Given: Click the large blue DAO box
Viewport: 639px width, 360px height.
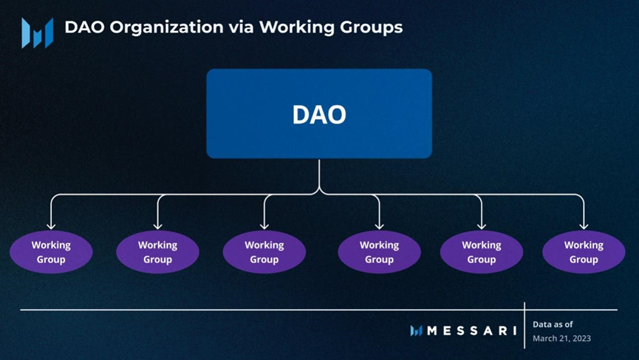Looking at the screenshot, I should click(319, 114).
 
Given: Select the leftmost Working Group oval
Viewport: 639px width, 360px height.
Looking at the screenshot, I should click(51, 252).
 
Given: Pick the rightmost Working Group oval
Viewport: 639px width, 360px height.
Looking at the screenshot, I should click(584, 252).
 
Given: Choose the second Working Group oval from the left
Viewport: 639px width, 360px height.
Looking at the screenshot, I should click(157, 252).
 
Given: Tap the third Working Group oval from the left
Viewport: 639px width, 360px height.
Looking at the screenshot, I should click(264, 252).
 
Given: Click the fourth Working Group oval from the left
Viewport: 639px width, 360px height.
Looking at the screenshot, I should click(379, 252).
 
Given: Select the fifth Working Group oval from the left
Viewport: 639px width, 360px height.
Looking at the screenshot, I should click(481, 252).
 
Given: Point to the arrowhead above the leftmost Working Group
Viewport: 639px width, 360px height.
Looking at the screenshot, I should click(51, 225).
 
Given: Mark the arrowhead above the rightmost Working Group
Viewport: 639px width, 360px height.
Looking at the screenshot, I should click(584, 225).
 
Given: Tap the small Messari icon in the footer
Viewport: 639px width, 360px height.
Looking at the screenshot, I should click(416, 331).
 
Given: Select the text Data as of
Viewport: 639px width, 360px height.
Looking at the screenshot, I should click(553, 324).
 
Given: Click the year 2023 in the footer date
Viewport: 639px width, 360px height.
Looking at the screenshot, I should click(581, 339).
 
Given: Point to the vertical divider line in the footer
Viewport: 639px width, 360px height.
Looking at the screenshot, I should click(524, 325).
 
